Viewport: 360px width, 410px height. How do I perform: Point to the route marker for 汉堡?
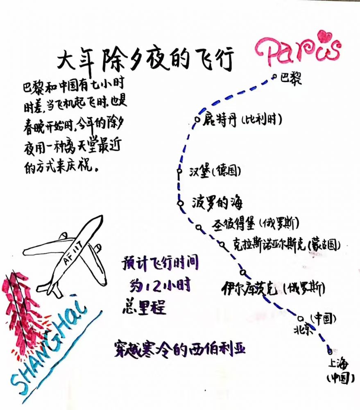(x=179, y=171)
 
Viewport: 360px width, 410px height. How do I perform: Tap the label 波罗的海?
(x=217, y=203)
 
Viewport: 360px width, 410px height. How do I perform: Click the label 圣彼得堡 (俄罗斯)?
(x=255, y=224)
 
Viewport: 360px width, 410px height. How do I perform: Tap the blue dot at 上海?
(x=330, y=351)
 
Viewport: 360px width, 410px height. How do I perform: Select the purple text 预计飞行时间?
(x=160, y=263)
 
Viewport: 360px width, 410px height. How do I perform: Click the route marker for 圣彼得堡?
(x=199, y=227)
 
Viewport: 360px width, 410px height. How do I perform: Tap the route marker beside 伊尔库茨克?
(x=242, y=271)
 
